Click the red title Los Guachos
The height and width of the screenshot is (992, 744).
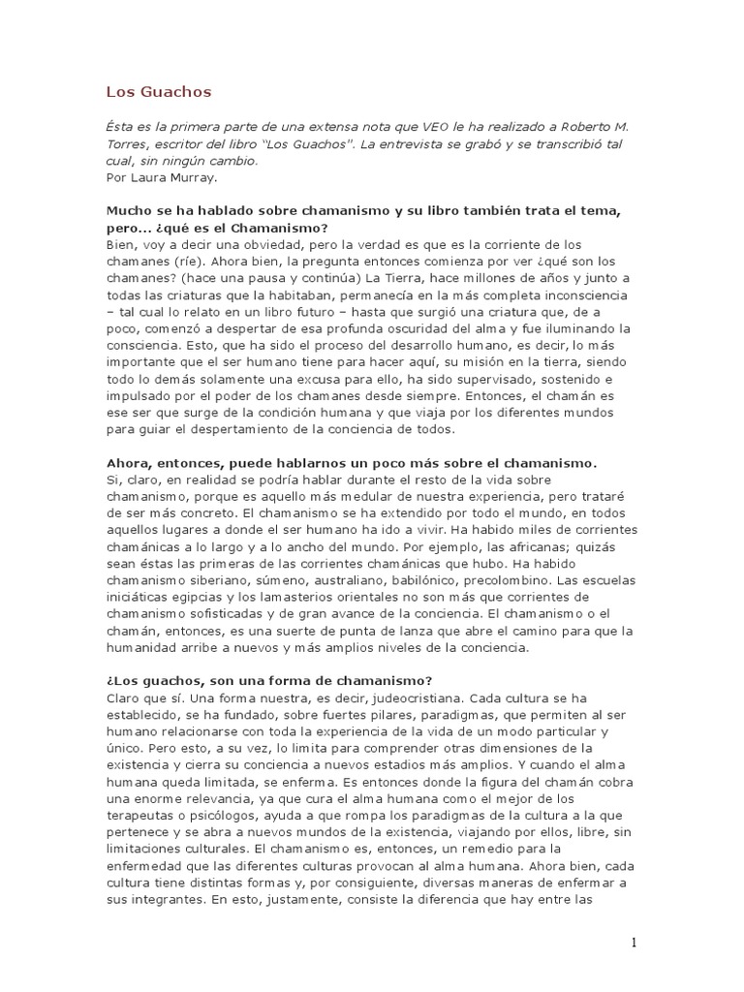click(158, 92)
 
